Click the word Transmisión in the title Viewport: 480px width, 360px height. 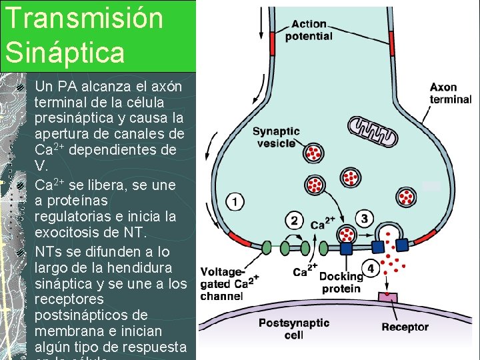(x=83, y=18)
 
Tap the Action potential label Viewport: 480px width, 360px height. (x=309, y=30)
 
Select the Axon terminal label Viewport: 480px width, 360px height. (x=450, y=93)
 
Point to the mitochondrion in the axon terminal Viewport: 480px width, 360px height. (x=373, y=131)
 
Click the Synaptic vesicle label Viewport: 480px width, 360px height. (x=275, y=137)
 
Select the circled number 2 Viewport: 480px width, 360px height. (x=294, y=219)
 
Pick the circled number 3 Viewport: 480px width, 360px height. (x=364, y=218)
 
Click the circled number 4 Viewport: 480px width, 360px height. (x=371, y=268)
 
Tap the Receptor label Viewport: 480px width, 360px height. (x=405, y=327)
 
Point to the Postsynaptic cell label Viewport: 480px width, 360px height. (x=294, y=329)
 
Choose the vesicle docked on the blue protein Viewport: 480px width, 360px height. (x=346, y=233)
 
